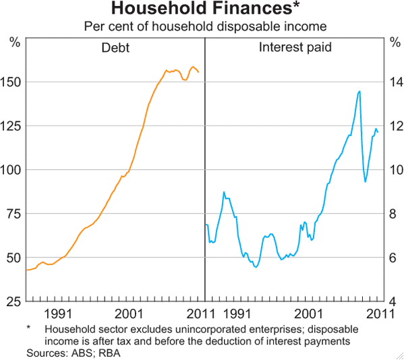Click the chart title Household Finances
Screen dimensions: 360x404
[202, 9]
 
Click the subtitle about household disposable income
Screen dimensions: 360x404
[202, 27]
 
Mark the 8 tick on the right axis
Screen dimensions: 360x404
[395, 214]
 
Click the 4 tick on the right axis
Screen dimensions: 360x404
[395, 301]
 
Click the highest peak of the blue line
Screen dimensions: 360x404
[359, 91]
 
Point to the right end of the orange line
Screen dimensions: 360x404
[198, 72]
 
